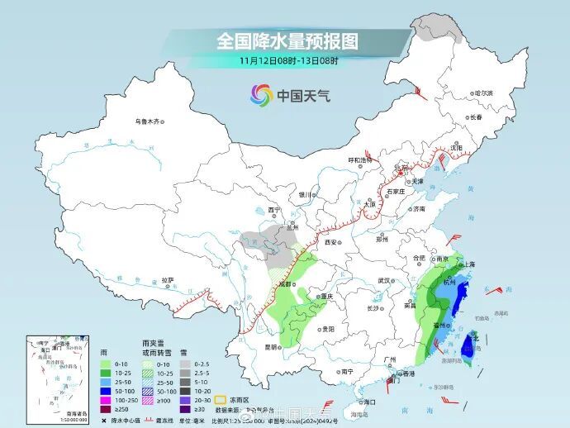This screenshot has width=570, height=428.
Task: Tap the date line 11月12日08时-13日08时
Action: click(x=289, y=60)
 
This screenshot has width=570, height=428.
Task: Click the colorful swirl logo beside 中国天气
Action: click(x=261, y=96)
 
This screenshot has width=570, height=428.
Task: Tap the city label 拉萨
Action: click(x=169, y=279)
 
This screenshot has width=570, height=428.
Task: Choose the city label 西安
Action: click(x=332, y=242)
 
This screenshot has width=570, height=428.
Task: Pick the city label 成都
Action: click(x=287, y=283)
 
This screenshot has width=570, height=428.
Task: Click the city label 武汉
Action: click(x=383, y=280)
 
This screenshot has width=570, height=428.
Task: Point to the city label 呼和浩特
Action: click(x=362, y=160)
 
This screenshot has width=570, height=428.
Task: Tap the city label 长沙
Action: click(x=373, y=307)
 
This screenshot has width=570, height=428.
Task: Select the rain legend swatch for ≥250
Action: click(x=105, y=407)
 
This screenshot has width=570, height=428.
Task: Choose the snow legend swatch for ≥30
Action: click(x=187, y=407)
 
